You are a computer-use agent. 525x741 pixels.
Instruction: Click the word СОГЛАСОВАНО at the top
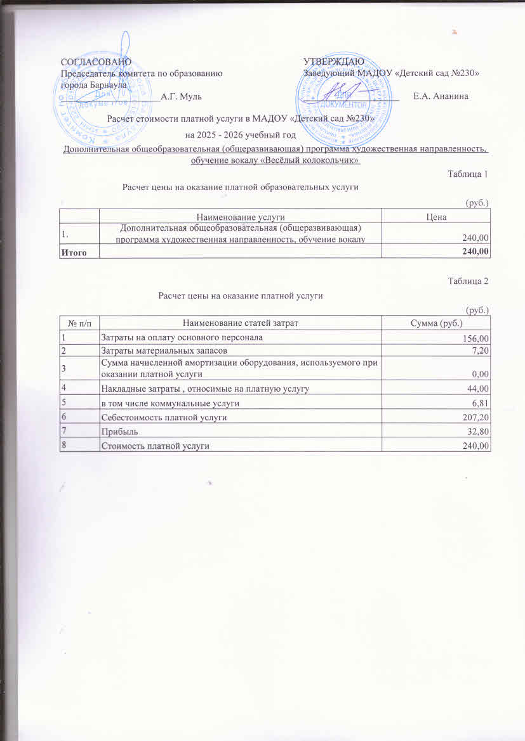point(96,62)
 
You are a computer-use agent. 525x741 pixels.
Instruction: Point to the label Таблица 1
point(468,174)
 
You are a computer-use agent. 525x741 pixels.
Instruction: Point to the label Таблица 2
point(468,281)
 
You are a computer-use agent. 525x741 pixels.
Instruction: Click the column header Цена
point(436,217)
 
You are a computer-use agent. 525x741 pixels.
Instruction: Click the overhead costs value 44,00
point(479,389)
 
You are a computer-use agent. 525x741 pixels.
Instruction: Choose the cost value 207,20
point(478,418)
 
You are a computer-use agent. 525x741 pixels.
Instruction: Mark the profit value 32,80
point(479,433)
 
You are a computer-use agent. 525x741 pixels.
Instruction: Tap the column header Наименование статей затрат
point(241,324)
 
